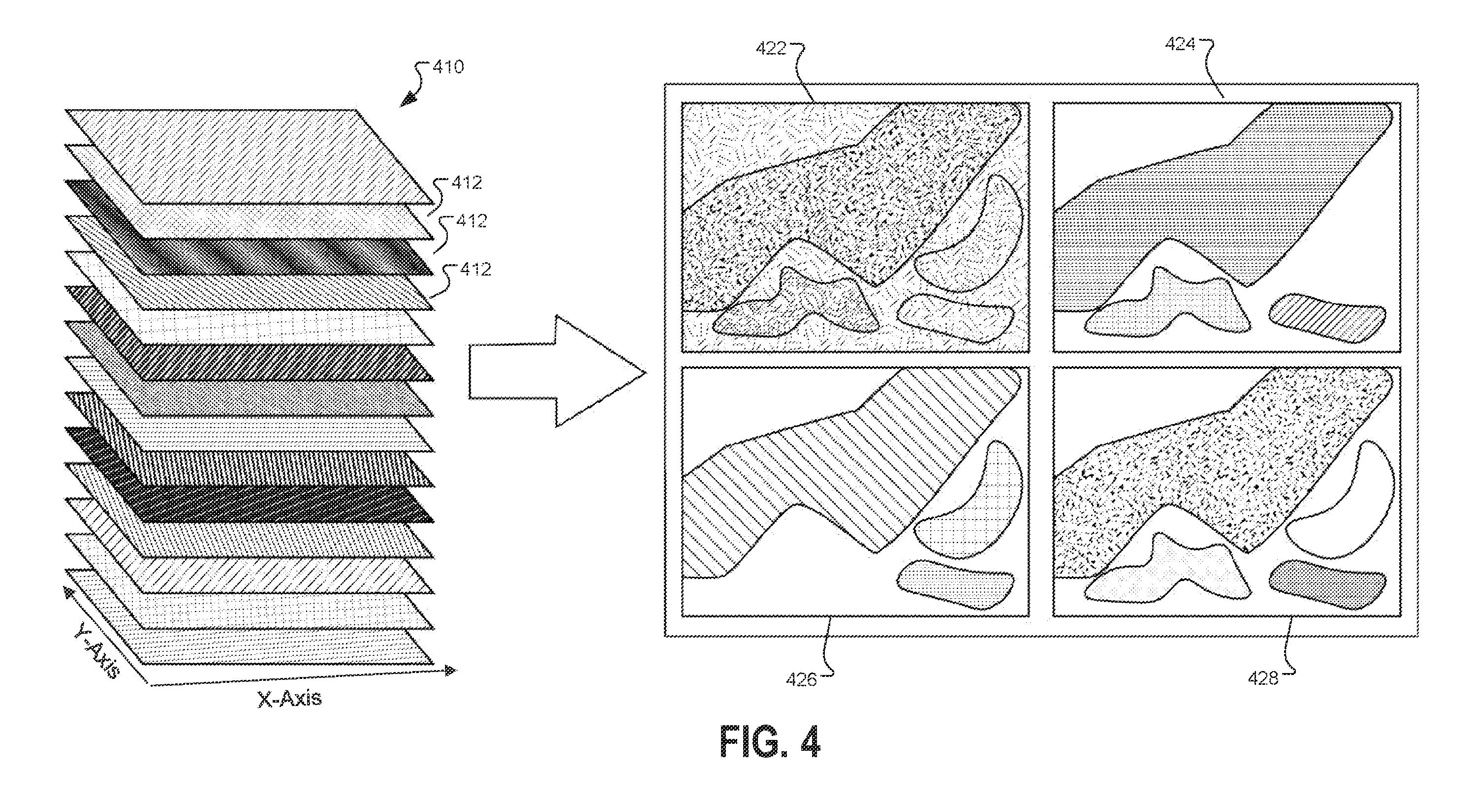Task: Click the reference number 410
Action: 448,67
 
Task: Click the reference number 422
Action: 771,48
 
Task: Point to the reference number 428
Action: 1263,678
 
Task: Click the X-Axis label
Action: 289,699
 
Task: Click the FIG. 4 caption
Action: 770,741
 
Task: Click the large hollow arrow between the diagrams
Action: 557,371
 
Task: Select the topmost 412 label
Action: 467,183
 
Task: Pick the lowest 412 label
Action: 475,269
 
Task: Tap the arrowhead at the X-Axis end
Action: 450,670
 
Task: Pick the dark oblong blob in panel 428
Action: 1327,584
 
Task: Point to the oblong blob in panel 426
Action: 955,584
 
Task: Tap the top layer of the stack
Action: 249,156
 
